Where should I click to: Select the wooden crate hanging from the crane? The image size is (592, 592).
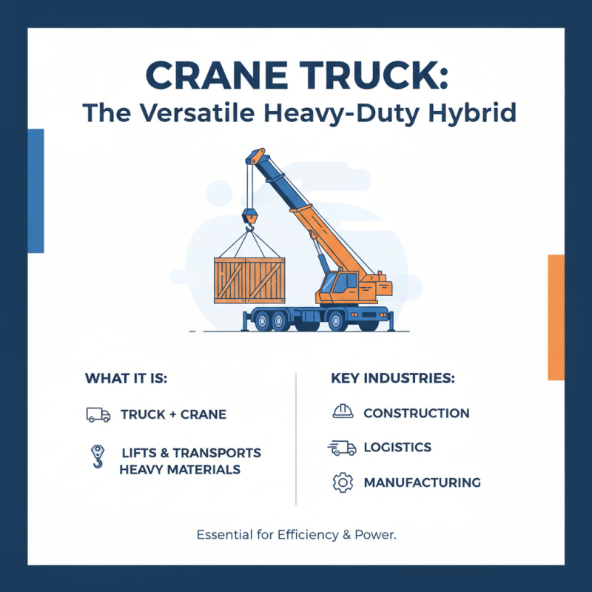tap(249, 280)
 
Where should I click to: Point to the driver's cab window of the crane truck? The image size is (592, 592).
tap(346, 282)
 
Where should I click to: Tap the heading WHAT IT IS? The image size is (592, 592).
tap(127, 378)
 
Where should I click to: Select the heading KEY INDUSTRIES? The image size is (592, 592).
tap(392, 378)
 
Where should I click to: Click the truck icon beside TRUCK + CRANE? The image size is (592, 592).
tap(98, 414)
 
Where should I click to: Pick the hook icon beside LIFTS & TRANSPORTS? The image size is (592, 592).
tap(96, 457)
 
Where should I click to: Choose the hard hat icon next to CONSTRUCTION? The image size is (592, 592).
tap(342, 412)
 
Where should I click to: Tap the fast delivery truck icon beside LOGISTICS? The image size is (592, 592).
tap(341, 448)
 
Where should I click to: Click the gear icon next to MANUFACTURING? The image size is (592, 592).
tap(342, 482)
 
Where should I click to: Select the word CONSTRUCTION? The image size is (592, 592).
tap(416, 413)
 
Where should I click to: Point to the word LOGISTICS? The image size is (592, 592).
tap(397, 448)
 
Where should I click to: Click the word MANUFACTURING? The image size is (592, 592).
tap(422, 482)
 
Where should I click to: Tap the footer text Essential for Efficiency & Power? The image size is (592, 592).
tap(296, 534)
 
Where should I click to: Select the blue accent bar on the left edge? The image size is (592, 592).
tap(36, 190)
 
